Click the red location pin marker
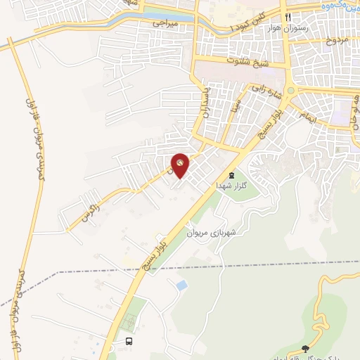coord(181,165)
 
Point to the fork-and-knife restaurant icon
coord(286,17)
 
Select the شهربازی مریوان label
coord(211,232)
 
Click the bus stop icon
coord(129,341)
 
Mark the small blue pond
coord(182,285)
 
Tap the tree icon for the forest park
coord(304,348)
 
